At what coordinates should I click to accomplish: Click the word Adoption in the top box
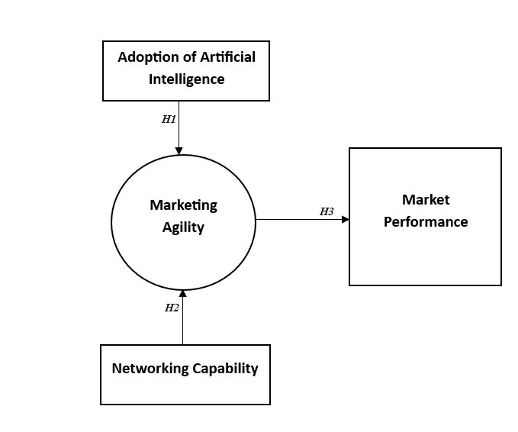tap(146, 57)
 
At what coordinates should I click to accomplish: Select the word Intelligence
tap(186, 79)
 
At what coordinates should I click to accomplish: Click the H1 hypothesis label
tap(169, 119)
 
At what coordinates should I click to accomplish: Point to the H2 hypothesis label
tap(172, 308)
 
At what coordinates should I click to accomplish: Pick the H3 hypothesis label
tap(327, 211)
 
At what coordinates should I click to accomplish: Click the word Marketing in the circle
tap(183, 205)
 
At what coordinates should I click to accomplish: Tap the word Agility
tap(183, 227)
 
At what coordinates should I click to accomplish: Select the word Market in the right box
tap(426, 200)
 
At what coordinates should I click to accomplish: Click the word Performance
tap(426, 222)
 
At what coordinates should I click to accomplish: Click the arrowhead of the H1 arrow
tap(179, 151)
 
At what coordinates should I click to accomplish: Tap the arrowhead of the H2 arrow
tap(183, 293)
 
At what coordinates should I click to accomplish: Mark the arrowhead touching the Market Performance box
tap(345, 219)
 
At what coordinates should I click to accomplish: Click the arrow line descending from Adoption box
tap(179, 126)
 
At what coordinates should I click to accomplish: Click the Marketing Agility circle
tap(137, 252)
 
